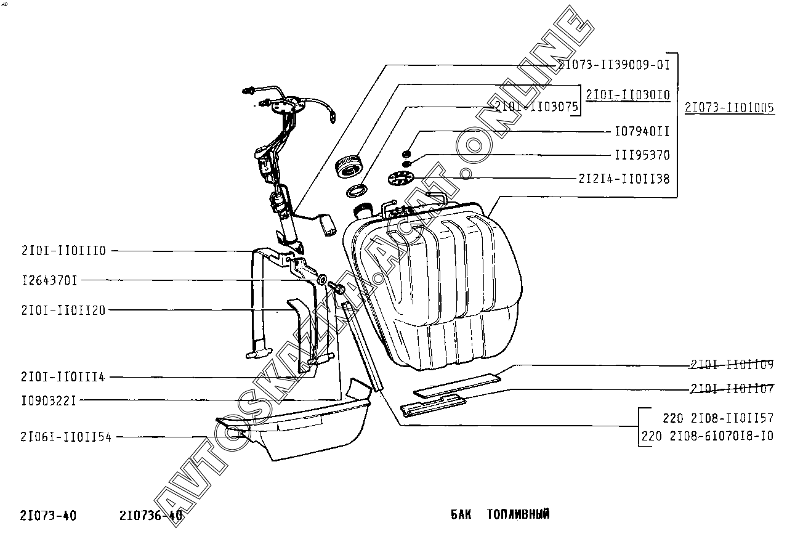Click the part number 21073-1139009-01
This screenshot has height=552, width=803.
613,63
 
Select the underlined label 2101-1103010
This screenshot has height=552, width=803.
627,95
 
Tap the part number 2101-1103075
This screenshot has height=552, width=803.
536,107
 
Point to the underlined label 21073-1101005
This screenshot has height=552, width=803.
729,108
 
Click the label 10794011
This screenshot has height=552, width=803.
642,132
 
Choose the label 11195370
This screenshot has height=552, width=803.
642,155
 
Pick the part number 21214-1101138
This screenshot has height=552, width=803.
624,179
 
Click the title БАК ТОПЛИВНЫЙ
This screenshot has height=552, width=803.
500,514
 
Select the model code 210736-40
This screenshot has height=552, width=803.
151,516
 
